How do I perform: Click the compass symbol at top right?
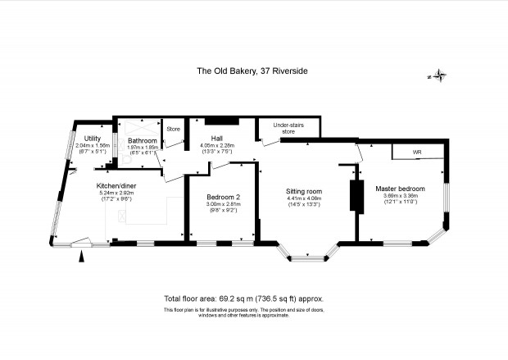[440, 77]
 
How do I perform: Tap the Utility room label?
[93, 138]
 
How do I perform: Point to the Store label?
[173, 130]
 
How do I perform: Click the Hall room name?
[216, 139]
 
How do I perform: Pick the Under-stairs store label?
[288, 129]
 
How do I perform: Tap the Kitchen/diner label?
[115, 185]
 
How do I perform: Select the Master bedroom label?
[397, 189]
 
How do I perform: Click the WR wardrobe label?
[416, 153]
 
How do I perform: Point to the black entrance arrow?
[83, 257]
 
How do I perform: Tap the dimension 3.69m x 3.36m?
[397, 196]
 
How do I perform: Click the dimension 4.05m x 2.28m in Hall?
[216, 146]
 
